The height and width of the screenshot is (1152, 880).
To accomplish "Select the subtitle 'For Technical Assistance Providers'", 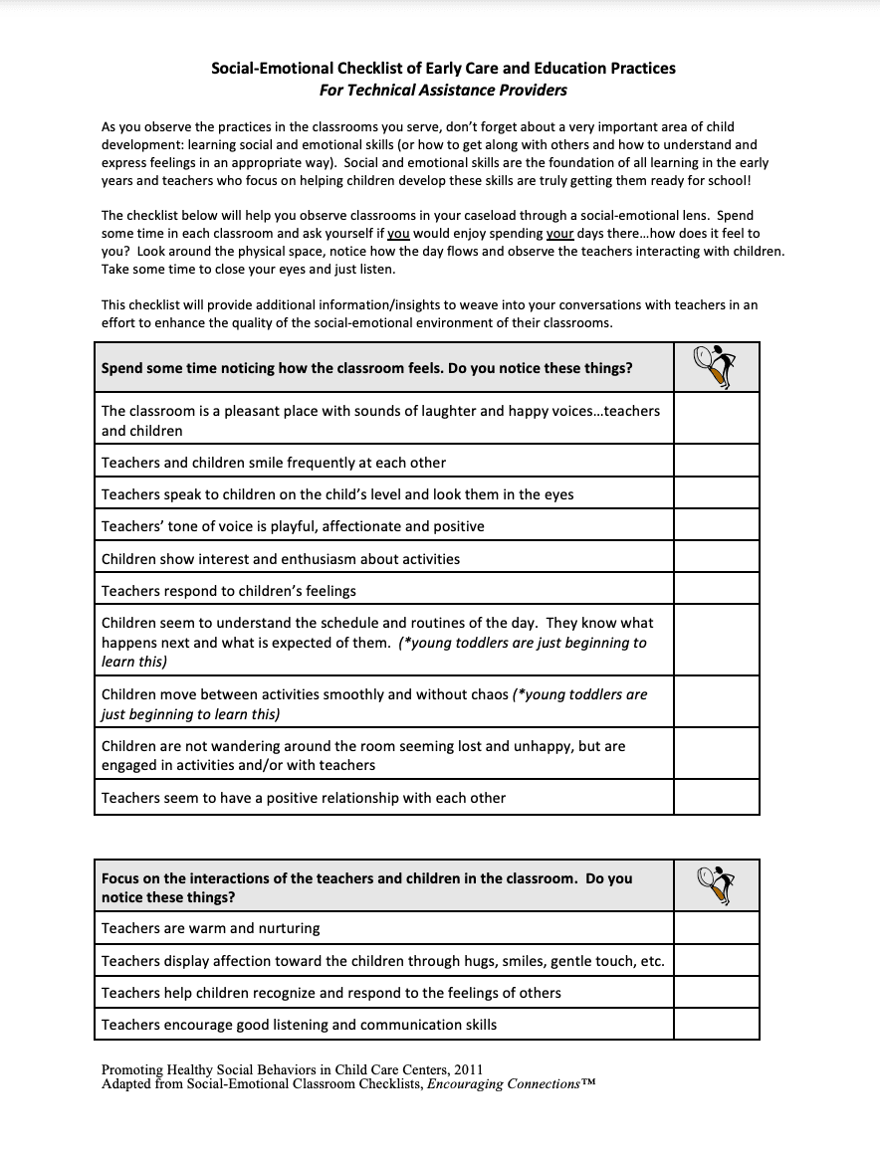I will point(443,91).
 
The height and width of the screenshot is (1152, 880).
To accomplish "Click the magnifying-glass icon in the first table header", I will point(716,367).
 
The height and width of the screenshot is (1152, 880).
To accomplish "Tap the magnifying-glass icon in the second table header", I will point(716,885).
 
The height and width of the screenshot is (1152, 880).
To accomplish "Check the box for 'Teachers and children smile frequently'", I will point(716,463).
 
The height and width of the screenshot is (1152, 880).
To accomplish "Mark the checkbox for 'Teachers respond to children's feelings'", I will point(716,591).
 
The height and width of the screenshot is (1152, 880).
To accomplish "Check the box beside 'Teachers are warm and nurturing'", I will point(716,928).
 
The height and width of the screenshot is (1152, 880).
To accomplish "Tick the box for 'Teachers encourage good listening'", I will point(716,1025).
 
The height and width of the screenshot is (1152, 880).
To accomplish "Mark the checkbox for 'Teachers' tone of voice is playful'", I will point(716,526).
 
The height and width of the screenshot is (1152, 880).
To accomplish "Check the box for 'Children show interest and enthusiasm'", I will point(716,559).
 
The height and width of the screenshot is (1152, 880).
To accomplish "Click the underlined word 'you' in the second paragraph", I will point(398,234).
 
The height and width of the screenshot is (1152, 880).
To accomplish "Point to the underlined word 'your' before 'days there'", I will point(558,234).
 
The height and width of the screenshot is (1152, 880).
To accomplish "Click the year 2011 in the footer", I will point(467,1070).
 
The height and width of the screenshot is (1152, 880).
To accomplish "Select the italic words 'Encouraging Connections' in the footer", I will point(504,1083).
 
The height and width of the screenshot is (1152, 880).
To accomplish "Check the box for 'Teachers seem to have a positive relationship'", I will point(716,798).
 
